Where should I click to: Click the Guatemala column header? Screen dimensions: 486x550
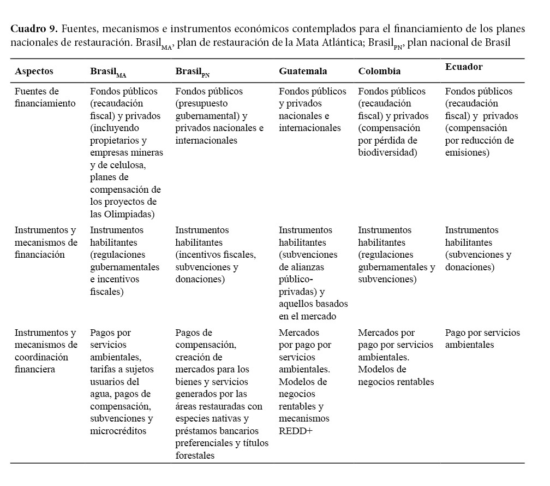pos(303,71)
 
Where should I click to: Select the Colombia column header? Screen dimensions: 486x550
pos(379,71)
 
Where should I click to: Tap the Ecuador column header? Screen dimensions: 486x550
pos(464,67)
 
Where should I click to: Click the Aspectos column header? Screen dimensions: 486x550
pos(34,71)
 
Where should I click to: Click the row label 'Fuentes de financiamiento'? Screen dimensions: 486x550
pos(45,97)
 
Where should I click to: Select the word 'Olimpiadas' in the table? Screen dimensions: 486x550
pos(129,214)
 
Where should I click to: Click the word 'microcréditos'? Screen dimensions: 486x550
pos(118,431)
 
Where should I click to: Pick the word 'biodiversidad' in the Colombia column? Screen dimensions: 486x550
pos(387,152)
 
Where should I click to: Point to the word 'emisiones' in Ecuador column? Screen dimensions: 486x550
pos(467,152)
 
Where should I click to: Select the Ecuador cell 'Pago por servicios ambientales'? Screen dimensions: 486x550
pos(482,339)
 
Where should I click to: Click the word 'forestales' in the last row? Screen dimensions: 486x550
pos(195,455)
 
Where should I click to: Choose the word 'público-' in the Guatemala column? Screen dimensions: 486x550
pos(298,279)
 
